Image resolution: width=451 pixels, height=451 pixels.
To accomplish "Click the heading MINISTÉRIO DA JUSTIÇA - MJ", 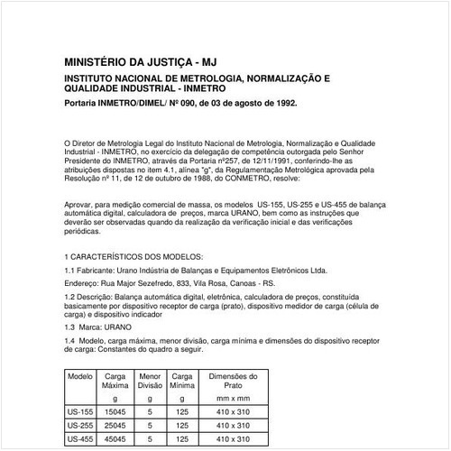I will click(x=141, y=62).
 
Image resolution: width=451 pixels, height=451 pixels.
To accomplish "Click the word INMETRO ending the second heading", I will click(x=204, y=90).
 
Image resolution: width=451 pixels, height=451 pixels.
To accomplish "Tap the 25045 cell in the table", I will click(x=115, y=424).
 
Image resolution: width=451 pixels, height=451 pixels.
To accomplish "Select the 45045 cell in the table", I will click(x=115, y=440).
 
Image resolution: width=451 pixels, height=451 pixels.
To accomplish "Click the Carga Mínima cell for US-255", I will click(x=181, y=424).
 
